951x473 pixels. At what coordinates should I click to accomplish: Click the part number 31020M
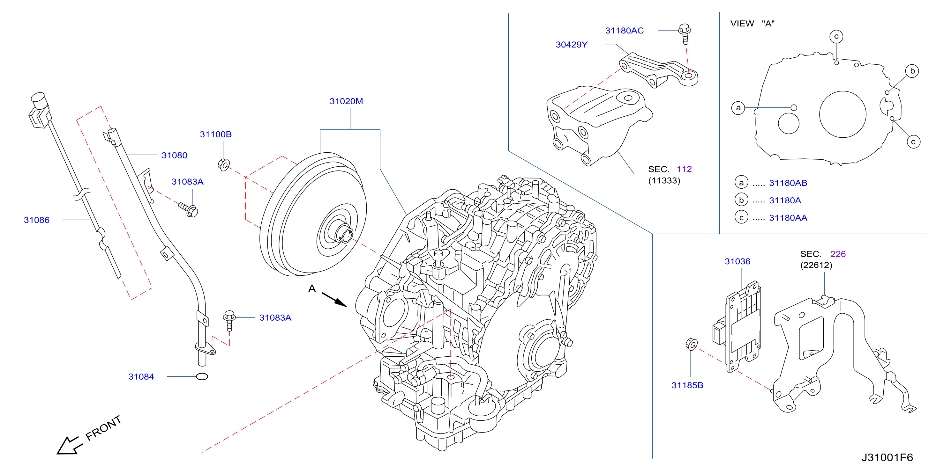click(x=346, y=101)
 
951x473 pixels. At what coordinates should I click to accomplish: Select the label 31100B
click(x=216, y=134)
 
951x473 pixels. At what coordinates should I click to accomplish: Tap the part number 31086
click(x=37, y=220)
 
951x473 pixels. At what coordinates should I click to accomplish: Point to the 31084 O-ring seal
click(x=202, y=376)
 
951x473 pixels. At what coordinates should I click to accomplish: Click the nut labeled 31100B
click(x=224, y=164)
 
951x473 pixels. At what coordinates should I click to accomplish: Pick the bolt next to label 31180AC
click(x=685, y=34)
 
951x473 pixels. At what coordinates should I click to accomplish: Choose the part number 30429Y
click(x=572, y=45)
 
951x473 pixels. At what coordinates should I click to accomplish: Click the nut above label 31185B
click(x=692, y=344)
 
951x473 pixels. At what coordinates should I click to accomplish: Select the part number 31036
click(x=737, y=261)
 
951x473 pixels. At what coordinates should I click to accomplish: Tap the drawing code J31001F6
click(x=887, y=457)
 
